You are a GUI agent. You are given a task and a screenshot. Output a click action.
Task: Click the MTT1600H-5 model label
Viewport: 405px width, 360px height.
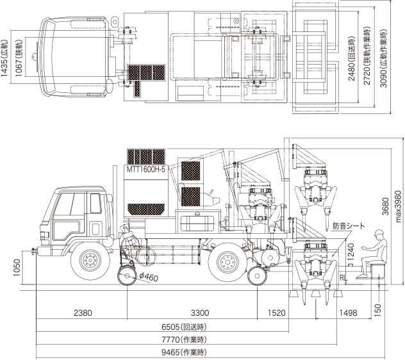click(x=145, y=169)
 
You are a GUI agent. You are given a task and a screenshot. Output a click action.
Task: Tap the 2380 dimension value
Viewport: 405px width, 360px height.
click(x=83, y=313)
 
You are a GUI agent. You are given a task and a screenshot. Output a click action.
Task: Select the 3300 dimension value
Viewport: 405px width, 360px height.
click(x=200, y=313)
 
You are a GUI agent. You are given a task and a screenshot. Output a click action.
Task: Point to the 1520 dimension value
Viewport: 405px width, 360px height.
click(x=277, y=313)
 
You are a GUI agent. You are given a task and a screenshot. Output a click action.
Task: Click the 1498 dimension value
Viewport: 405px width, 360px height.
click(x=348, y=313)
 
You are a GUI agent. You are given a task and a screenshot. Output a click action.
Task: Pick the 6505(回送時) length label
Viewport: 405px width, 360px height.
click(x=184, y=327)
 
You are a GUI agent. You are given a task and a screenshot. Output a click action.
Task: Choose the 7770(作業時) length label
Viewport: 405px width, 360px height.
click(x=184, y=340)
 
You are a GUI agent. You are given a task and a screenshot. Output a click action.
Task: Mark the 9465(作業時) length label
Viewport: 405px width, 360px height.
click(x=184, y=352)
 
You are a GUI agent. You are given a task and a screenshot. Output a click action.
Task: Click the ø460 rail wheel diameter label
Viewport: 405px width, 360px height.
click(x=148, y=277)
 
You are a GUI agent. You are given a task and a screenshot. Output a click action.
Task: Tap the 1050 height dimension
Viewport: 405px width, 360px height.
click(x=17, y=268)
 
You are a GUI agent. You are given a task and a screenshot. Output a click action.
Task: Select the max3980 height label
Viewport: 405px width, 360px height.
click(x=399, y=207)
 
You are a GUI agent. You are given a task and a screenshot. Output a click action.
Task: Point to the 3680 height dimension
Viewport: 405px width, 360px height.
click(x=385, y=206)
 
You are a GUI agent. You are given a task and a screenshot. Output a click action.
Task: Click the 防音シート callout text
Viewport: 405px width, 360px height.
click(x=349, y=226)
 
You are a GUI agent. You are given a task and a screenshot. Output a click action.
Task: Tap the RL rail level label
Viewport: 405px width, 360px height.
click(x=343, y=278)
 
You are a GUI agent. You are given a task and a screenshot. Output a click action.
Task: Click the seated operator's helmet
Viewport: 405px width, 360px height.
click(x=379, y=233)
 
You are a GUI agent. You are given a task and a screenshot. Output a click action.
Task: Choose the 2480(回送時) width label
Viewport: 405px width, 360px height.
click(x=352, y=59)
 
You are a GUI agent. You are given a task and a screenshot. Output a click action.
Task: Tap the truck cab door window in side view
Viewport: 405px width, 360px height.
click(x=95, y=203)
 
